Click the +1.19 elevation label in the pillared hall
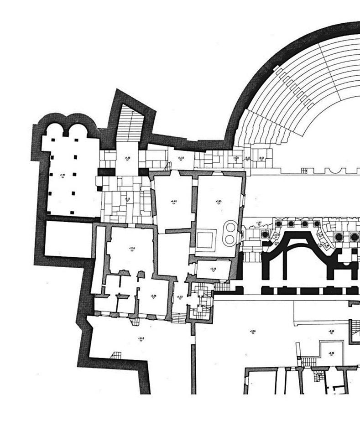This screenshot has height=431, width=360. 62,175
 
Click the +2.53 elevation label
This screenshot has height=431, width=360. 132,249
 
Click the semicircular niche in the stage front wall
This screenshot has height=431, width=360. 336,170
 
